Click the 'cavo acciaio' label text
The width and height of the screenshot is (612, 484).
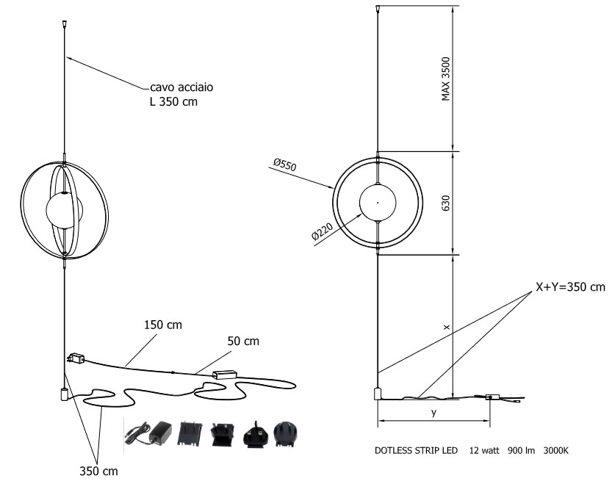183,87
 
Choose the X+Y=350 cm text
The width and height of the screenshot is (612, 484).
569,287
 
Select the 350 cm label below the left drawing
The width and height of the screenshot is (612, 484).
98,471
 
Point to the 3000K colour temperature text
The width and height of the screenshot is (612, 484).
555,451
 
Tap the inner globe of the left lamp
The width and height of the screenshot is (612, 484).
64,209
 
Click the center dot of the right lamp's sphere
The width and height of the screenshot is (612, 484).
377,202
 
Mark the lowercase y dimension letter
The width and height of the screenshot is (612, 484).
434,413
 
